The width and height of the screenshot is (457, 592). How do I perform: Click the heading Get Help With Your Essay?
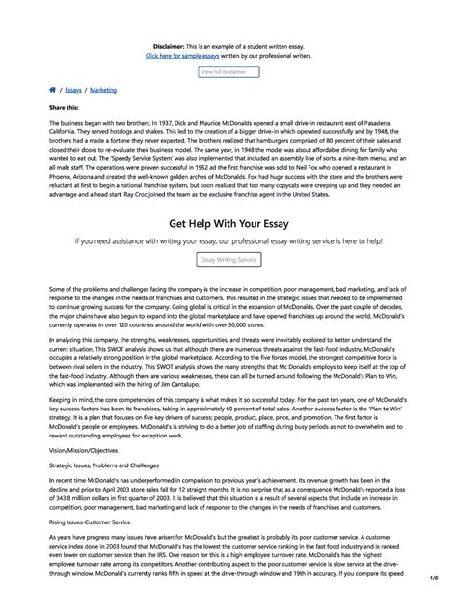[x=228, y=219]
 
